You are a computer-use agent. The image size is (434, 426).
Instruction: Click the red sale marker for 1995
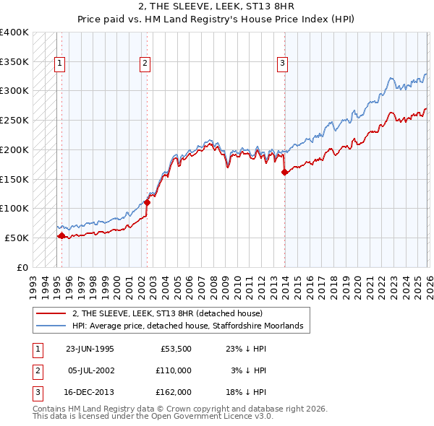tap(61, 235)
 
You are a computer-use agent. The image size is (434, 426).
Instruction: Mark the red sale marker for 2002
tap(147, 202)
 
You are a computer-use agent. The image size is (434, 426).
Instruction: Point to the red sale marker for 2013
tap(284, 172)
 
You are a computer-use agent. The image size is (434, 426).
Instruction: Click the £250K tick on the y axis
tap(14, 120)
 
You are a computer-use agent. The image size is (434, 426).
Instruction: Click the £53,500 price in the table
tap(174, 348)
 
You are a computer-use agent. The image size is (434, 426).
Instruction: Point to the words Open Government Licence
tap(210, 417)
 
